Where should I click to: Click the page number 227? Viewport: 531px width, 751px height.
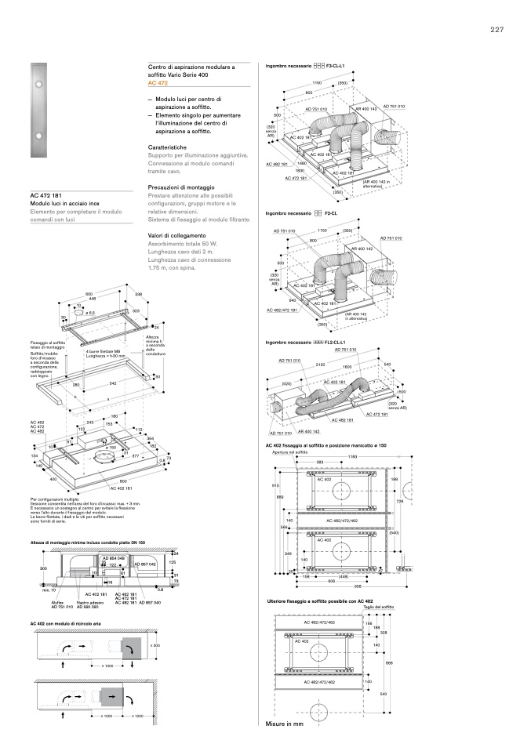pos(496,30)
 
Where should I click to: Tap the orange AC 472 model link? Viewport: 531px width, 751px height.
pos(158,82)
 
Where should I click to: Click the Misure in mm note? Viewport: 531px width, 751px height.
pos(284,724)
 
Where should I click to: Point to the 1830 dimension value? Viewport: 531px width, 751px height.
pos(300,170)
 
